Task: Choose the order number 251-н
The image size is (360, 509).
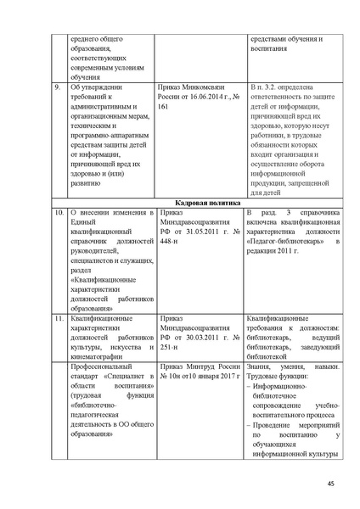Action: pyautogui.click(x=171, y=346)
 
